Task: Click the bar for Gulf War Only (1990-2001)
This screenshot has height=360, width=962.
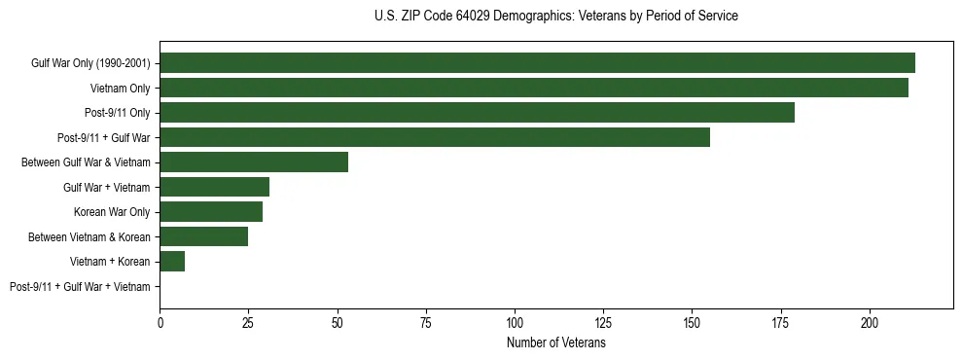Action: pos(537,63)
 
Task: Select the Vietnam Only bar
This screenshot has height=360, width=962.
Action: pos(534,88)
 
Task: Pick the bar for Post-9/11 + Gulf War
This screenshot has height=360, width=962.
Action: pos(435,137)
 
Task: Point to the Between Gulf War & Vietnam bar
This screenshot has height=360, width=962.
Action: pos(254,162)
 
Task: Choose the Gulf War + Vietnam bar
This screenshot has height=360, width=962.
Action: pos(215,187)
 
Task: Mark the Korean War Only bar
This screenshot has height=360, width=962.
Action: pos(211,212)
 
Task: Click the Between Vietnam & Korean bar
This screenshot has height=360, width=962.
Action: pos(204,236)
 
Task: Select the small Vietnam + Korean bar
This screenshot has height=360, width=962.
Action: pos(172,262)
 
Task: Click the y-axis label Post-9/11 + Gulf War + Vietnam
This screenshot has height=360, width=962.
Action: pos(80,287)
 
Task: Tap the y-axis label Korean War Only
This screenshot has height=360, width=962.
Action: pos(112,212)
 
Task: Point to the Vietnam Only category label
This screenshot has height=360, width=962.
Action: pos(121,89)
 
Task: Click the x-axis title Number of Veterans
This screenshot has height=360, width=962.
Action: pos(556,343)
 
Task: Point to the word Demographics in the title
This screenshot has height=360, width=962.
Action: pos(532,17)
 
